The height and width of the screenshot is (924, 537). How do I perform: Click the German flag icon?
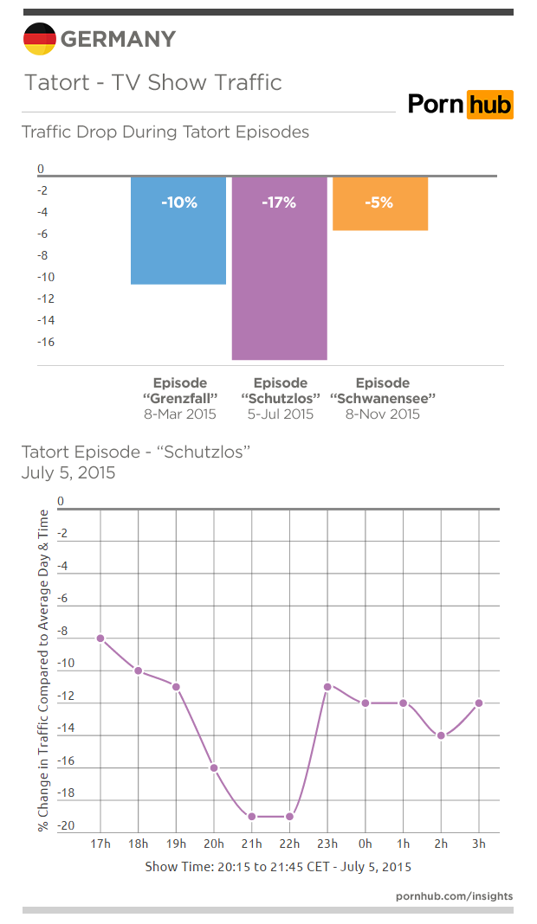click(39, 39)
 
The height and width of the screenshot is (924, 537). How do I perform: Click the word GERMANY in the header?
click(118, 39)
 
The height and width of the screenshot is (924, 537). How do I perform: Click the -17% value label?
click(279, 203)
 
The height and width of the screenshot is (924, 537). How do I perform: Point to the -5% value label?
click(379, 203)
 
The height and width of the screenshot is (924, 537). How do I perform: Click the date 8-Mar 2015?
click(179, 414)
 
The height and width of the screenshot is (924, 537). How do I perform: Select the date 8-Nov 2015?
click(382, 414)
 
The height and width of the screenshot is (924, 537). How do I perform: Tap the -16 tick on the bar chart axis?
click(45, 342)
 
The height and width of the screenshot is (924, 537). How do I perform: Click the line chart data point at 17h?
click(100, 638)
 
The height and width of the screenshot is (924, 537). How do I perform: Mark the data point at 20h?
click(214, 767)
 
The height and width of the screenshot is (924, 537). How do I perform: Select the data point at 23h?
click(327, 686)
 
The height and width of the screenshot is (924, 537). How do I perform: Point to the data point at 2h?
click(441, 735)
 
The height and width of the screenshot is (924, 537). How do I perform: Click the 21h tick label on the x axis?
click(252, 844)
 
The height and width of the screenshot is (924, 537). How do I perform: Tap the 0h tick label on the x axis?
click(366, 844)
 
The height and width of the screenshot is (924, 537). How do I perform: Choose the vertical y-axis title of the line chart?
click(43, 671)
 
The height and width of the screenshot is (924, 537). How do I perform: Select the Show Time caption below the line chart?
click(278, 866)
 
